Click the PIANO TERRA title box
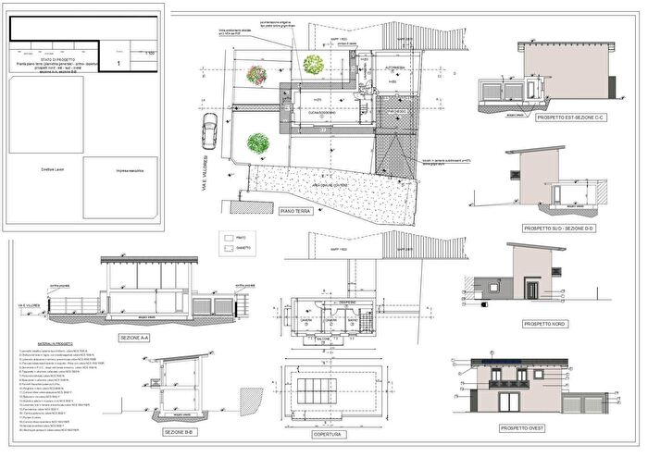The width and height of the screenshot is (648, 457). tap(296, 211)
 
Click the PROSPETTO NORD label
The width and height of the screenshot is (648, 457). tap(544, 325)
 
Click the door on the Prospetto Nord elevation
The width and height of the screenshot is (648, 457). tap(530, 290)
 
